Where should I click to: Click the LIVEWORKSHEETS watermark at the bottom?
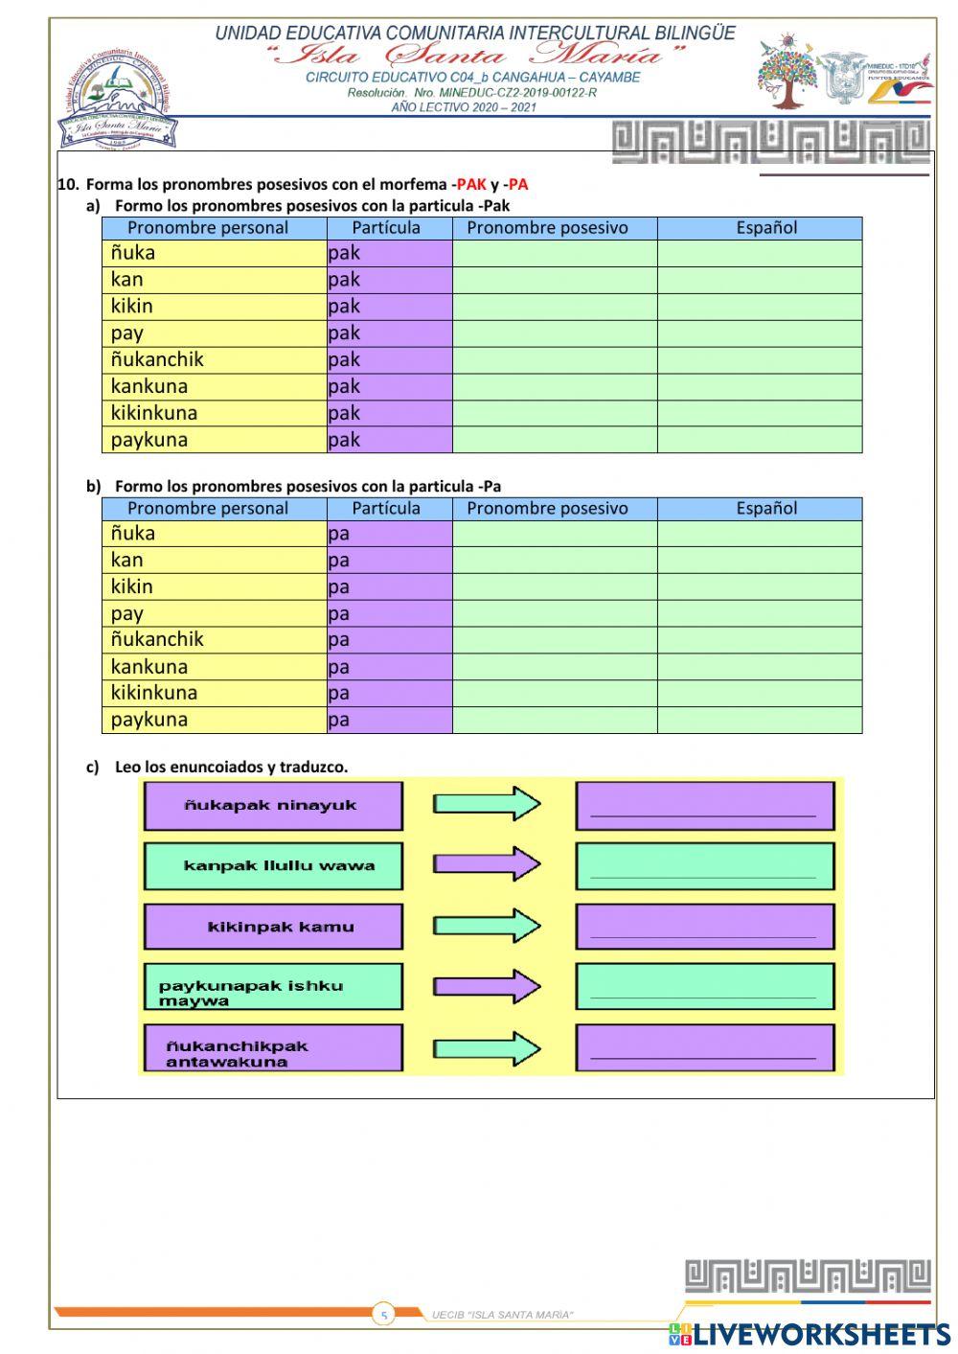(x=810, y=1334)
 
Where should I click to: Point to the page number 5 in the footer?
(x=384, y=1315)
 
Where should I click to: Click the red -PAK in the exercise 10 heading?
(x=469, y=185)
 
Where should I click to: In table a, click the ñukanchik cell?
(x=214, y=360)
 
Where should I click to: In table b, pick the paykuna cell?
(x=214, y=720)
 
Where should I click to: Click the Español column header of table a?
(x=765, y=228)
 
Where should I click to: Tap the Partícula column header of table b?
(x=386, y=509)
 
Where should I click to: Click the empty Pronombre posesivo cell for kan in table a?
(x=554, y=280)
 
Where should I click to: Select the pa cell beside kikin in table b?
(x=389, y=586)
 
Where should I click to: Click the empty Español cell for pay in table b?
(x=759, y=613)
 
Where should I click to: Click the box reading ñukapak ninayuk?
(x=273, y=806)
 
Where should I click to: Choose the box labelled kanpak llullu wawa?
(x=273, y=866)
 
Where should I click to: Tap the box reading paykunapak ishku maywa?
(x=273, y=987)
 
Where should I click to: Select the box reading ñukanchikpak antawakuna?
(x=273, y=1048)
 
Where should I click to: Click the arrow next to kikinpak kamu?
(x=487, y=927)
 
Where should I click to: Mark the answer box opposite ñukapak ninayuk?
(x=704, y=806)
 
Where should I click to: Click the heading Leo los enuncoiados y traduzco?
(x=231, y=767)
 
